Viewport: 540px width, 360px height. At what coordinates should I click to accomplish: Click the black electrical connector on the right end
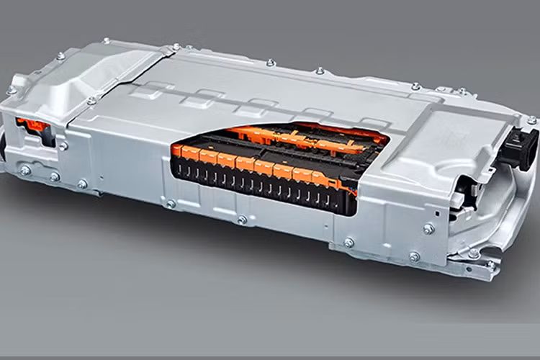(518, 147)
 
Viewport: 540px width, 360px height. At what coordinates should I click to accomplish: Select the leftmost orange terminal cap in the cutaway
(178, 150)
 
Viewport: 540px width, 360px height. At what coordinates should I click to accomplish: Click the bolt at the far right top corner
(531, 120)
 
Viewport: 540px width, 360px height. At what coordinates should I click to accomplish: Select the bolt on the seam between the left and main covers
(91, 101)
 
